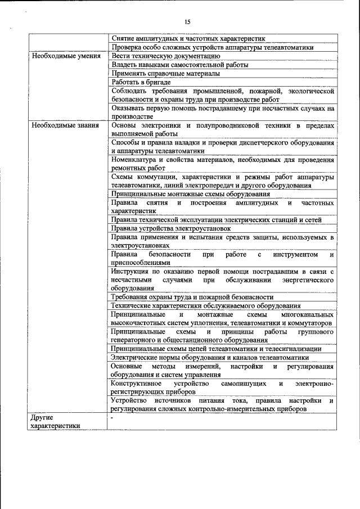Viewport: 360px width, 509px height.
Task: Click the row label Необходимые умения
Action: point(66,57)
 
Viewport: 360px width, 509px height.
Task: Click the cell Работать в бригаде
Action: point(133,82)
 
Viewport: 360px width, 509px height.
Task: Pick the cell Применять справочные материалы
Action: point(165,73)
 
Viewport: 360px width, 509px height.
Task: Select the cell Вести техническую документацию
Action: point(161,56)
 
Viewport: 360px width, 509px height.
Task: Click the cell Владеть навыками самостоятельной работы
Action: point(172,65)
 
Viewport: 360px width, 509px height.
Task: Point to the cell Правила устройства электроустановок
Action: point(170,228)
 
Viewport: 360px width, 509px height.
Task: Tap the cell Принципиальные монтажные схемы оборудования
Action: point(183,193)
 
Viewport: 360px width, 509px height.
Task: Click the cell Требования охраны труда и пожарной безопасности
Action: point(192,297)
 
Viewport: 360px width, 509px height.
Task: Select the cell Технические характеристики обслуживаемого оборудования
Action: point(200,305)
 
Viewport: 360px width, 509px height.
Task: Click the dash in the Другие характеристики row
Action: point(112,418)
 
